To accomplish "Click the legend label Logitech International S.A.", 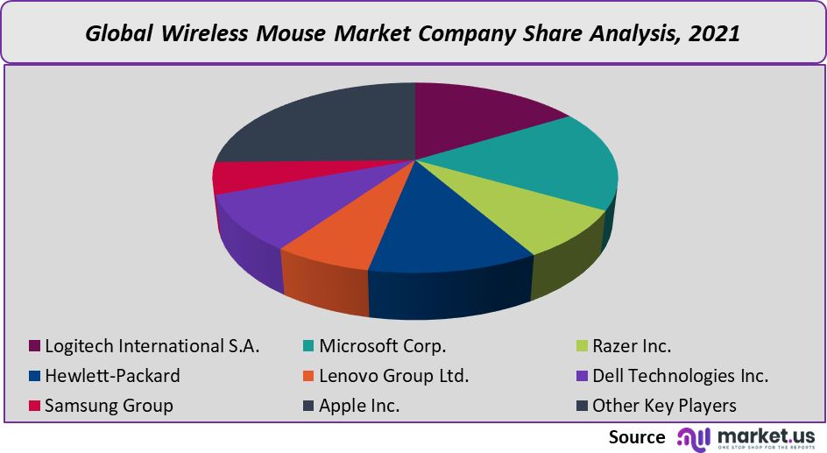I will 152,345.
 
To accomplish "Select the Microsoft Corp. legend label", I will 383,345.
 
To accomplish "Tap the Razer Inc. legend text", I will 632,345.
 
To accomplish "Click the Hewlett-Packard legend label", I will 112,376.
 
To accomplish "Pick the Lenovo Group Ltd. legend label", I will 394,376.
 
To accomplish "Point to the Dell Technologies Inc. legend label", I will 681,376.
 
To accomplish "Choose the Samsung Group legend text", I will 109,406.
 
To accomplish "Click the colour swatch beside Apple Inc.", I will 308,406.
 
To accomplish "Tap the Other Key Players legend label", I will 664,406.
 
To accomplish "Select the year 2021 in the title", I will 714,34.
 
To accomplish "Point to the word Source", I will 637,436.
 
